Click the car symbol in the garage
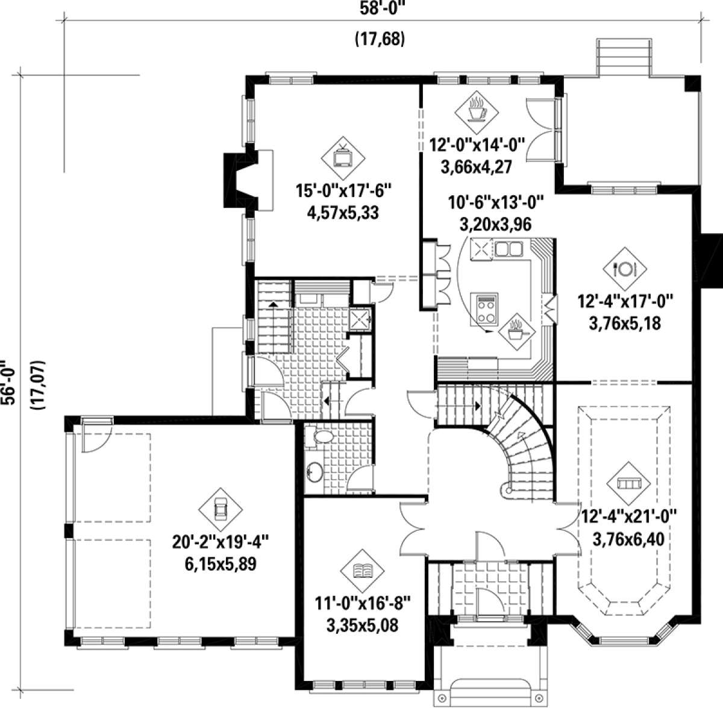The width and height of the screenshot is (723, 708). [x=221, y=509]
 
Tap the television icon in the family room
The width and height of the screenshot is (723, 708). [x=343, y=158]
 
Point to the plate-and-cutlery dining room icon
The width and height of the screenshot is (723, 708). [x=625, y=269]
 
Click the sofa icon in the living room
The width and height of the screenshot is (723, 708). [x=628, y=483]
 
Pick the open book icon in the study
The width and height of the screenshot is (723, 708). [x=362, y=571]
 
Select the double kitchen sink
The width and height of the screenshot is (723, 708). [x=509, y=248]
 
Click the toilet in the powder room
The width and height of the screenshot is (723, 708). [x=320, y=437]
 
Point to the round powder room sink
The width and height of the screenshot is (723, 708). [x=315, y=472]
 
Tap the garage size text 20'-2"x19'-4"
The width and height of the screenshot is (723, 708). [x=221, y=542]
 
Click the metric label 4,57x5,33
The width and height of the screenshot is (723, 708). [x=343, y=213]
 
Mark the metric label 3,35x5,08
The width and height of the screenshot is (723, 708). [x=363, y=625]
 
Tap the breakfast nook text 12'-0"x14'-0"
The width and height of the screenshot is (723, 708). [x=477, y=145]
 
